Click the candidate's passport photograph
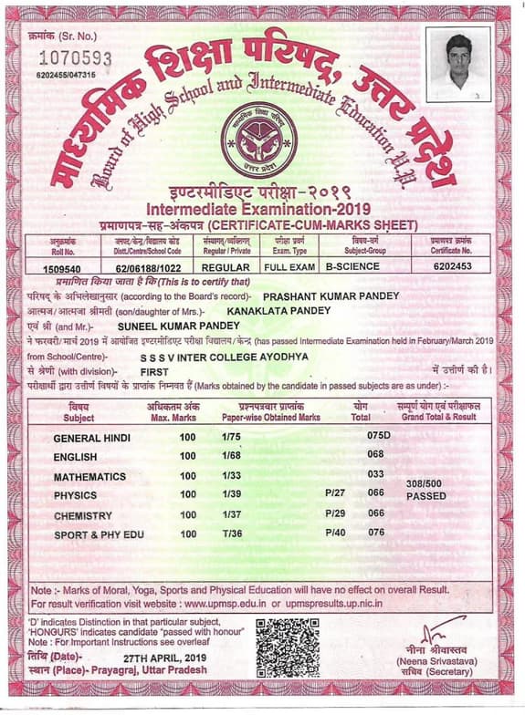click(466, 65)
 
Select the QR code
click(288, 647)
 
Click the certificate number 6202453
click(454, 268)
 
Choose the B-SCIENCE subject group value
click(353, 268)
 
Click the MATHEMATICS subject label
click(89, 476)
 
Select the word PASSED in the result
click(425, 497)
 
